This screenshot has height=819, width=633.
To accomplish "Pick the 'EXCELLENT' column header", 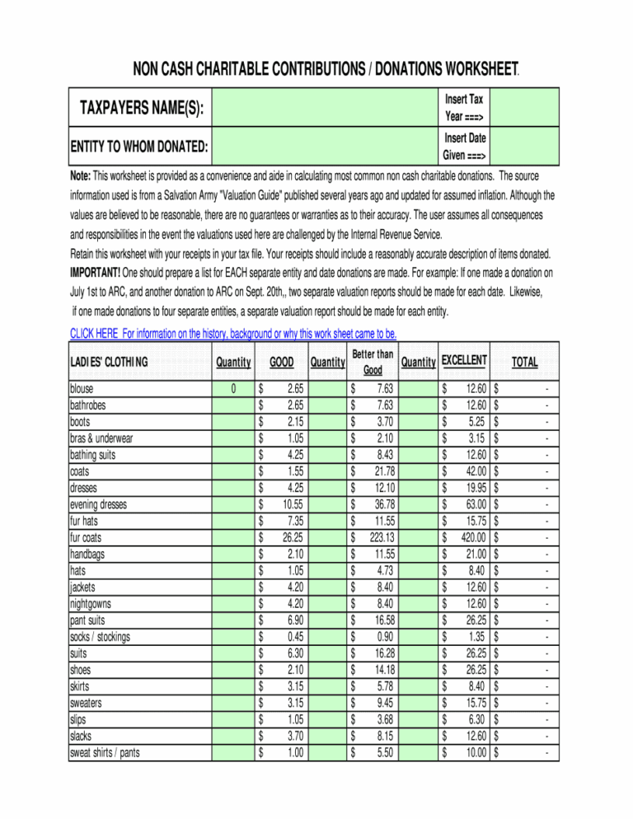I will [x=465, y=360].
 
